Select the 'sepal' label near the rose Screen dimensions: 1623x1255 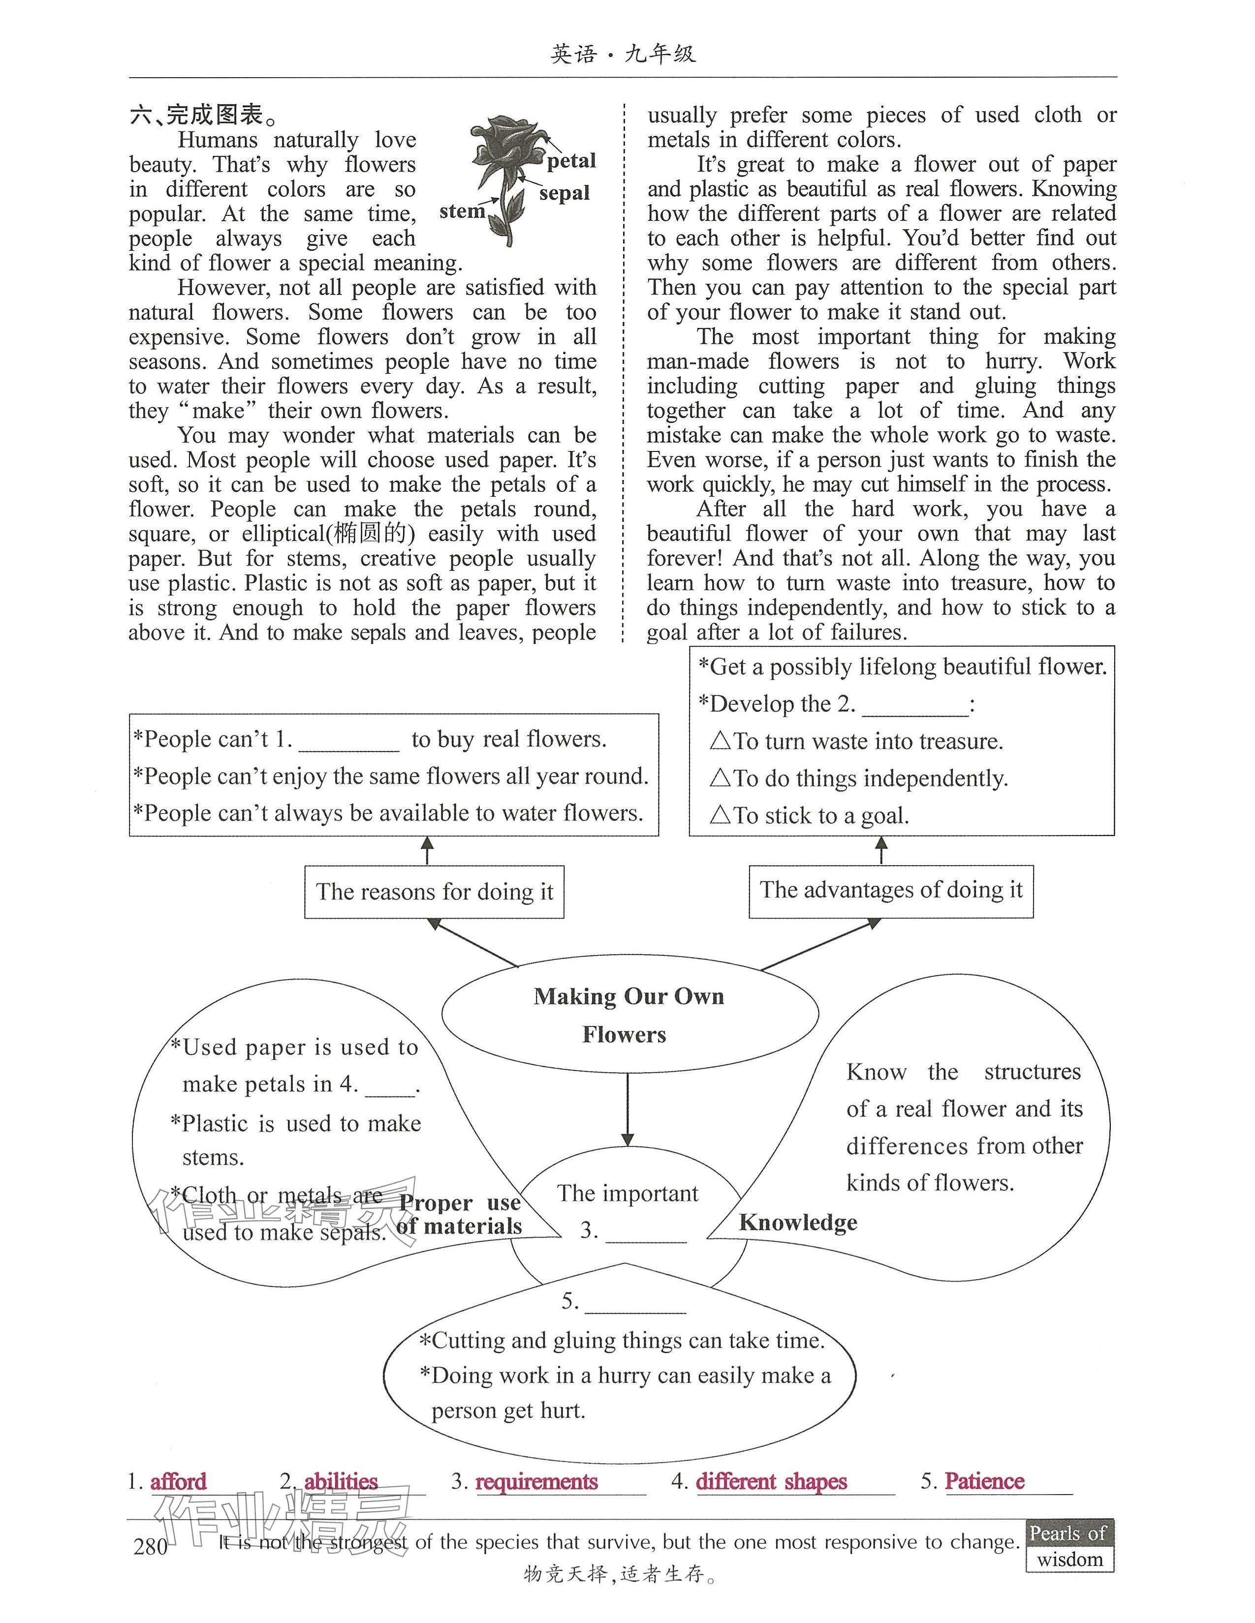click(565, 193)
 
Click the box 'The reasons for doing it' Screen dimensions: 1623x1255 click(434, 892)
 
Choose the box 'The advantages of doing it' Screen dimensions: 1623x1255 click(891, 890)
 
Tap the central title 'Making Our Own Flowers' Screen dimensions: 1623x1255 click(629, 1015)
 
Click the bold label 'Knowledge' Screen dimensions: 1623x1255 click(798, 1223)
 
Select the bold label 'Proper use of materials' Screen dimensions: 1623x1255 click(460, 1214)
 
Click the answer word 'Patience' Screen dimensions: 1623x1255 click(984, 1481)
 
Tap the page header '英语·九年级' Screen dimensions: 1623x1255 click(623, 54)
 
